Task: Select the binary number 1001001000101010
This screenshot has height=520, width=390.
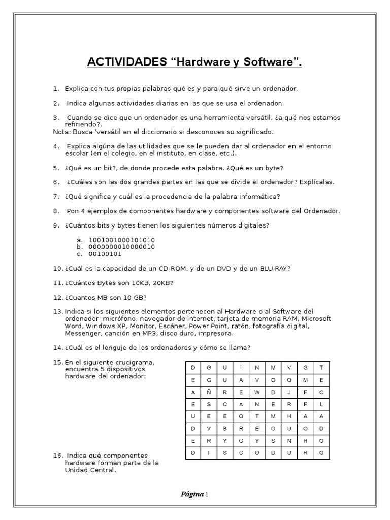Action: click(x=122, y=240)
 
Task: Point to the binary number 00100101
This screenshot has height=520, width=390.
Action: click(x=105, y=254)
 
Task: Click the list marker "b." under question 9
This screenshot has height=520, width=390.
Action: click(x=79, y=247)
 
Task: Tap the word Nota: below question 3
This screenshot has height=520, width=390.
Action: click(x=62, y=132)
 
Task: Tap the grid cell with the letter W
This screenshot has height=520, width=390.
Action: click(x=257, y=392)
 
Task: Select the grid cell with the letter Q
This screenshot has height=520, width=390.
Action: click(x=289, y=379)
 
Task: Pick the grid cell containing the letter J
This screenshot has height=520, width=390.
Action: click(x=289, y=392)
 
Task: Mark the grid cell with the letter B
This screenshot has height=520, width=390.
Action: click(x=225, y=429)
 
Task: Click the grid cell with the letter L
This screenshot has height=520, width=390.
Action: click(x=321, y=404)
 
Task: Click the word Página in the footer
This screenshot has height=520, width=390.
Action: click(x=192, y=494)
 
